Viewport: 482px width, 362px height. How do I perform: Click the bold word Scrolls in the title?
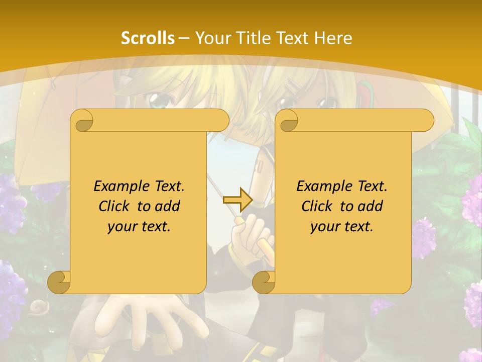(x=148, y=38)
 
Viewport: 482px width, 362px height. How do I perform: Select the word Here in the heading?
(x=333, y=38)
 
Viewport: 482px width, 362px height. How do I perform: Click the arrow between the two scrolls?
(x=237, y=200)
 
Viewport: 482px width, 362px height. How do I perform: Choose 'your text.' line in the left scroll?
(x=139, y=226)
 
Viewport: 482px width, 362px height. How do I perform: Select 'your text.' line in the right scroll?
(x=342, y=226)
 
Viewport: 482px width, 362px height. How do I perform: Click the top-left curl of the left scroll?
(x=82, y=120)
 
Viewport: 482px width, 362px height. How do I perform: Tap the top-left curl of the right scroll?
(x=288, y=120)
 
